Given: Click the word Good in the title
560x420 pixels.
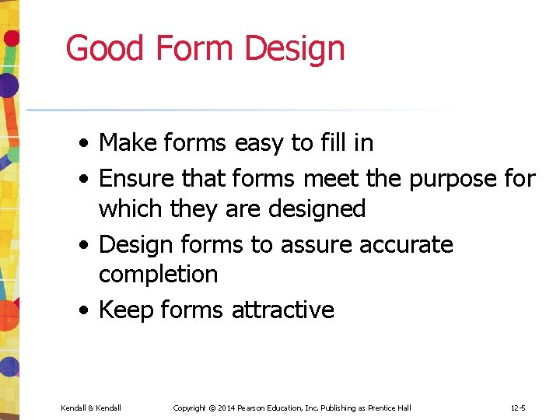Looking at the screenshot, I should click(106, 48).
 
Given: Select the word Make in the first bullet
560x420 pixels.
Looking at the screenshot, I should click(128, 143).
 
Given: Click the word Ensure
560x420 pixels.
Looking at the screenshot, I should click(137, 179).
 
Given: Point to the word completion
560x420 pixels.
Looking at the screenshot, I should click(159, 274).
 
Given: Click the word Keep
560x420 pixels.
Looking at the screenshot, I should click(127, 310).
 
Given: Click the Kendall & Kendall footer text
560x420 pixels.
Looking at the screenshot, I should click(91, 408).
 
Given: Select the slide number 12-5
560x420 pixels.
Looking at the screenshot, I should click(518, 408).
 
